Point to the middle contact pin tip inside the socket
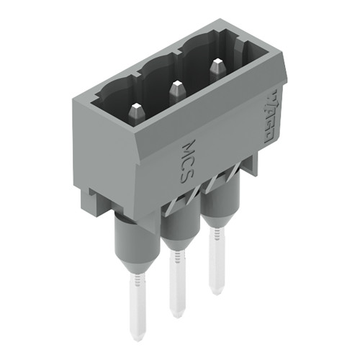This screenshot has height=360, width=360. (175, 89)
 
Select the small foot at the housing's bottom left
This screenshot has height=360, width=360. (101, 202)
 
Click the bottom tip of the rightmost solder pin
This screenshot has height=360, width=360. (215, 291)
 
